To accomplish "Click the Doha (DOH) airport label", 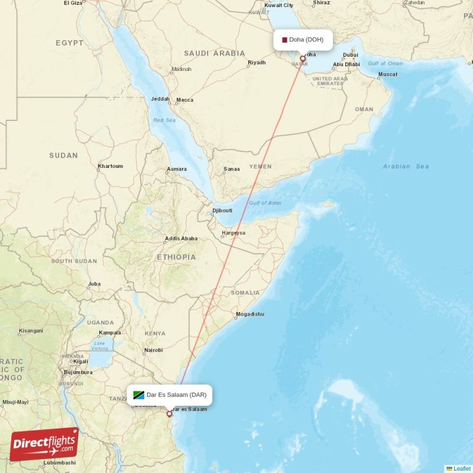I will pyautogui.click(x=306, y=40).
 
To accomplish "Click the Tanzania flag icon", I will pyautogui.click(x=139, y=395).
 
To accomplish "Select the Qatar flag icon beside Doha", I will pyautogui.click(x=284, y=40).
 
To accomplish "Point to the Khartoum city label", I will pyautogui.click(x=111, y=166).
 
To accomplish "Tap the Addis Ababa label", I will pyautogui.click(x=181, y=239).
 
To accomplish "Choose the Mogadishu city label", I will pyautogui.click(x=250, y=314).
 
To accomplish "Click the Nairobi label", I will pyautogui.click(x=153, y=351).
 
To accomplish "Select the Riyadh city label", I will pyautogui.click(x=257, y=63).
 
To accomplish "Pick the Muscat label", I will pyautogui.click(x=388, y=74).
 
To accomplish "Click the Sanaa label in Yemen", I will pyautogui.click(x=232, y=170).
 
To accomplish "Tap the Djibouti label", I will pyautogui.click(x=222, y=210).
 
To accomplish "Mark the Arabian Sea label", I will pyautogui.click(x=406, y=166).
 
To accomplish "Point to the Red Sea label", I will pyautogui.click(x=165, y=120).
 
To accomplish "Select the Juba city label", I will pyautogui.click(x=94, y=284).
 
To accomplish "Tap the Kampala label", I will pyautogui.click(x=109, y=333).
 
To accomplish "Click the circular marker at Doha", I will pyautogui.click(x=303, y=59).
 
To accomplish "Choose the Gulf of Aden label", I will pyautogui.click(x=265, y=203).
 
